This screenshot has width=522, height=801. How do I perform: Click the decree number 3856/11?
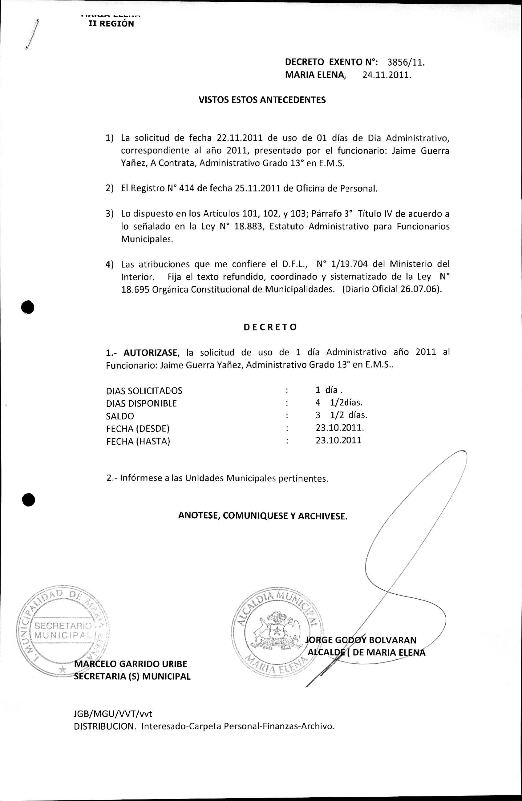coord(406,62)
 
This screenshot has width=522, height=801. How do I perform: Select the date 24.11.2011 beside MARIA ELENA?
coord(387,75)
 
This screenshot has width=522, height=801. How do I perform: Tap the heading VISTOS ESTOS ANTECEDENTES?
coord(262,100)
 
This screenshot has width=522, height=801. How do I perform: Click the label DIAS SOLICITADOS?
coord(144,391)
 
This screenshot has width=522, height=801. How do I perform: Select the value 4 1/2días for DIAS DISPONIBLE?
coord(338,403)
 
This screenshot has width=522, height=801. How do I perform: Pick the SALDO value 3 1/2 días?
coord(341,415)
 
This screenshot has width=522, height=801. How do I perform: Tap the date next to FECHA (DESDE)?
coord(340,428)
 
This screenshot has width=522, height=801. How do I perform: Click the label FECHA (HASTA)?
coord(138,441)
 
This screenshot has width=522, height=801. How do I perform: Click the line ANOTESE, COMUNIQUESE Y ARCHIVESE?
coord(262,516)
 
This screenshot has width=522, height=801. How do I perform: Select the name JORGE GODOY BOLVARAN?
coord(361,640)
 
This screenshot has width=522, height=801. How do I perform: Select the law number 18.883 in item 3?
coord(246,226)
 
